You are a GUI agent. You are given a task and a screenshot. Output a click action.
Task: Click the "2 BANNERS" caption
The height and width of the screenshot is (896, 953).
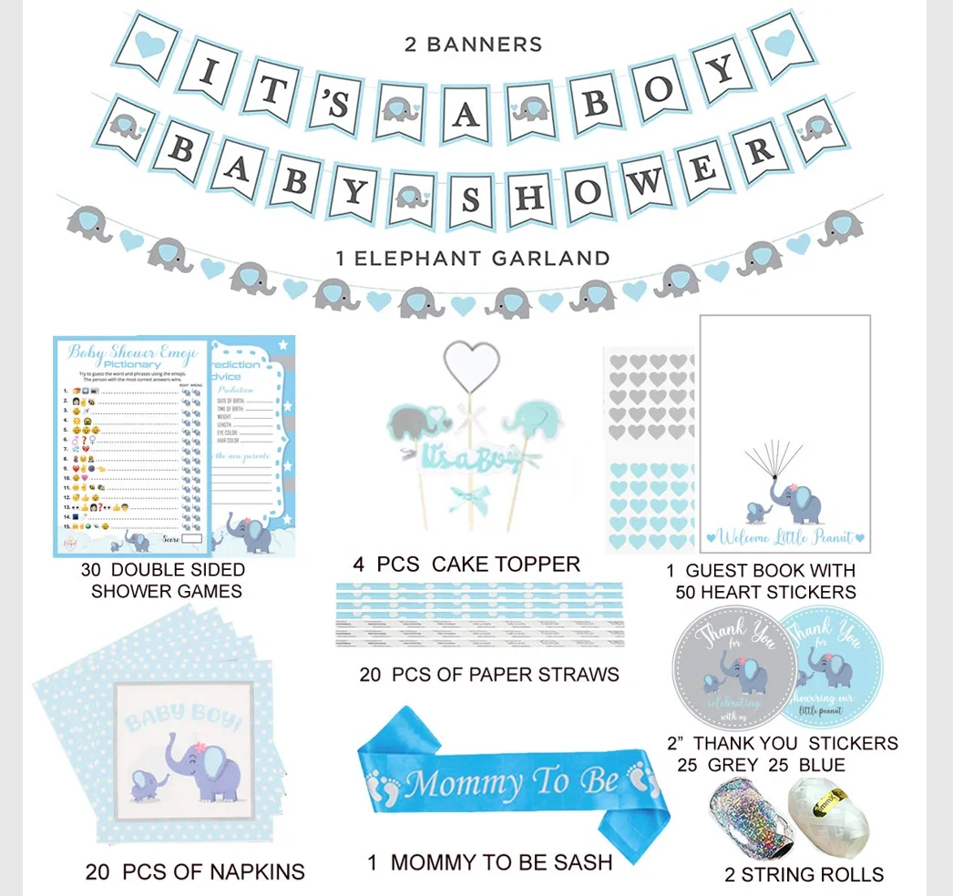[x=473, y=44]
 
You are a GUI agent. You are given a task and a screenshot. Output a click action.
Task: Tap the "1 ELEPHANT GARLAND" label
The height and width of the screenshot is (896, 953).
[x=473, y=259]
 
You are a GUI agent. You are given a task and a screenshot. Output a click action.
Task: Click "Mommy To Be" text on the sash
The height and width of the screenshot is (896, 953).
[x=500, y=782]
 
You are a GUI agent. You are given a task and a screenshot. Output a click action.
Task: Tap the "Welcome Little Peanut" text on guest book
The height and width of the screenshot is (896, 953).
[x=786, y=537]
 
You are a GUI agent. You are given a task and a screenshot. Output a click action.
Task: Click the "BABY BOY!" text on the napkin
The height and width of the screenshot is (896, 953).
[x=184, y=718]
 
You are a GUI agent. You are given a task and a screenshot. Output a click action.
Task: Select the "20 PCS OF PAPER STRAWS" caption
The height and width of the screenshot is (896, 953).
[x=489, y=675]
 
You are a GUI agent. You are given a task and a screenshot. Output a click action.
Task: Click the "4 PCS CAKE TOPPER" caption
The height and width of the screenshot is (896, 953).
[x=466, y=565]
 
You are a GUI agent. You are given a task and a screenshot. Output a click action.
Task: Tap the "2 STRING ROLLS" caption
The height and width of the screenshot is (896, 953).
[x=804, y=875]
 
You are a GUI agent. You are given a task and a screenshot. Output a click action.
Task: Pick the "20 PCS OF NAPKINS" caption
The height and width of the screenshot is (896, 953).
[x=195, y=871]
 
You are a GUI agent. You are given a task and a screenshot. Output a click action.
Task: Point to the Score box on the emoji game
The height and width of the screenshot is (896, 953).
[x=191, y=539]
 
